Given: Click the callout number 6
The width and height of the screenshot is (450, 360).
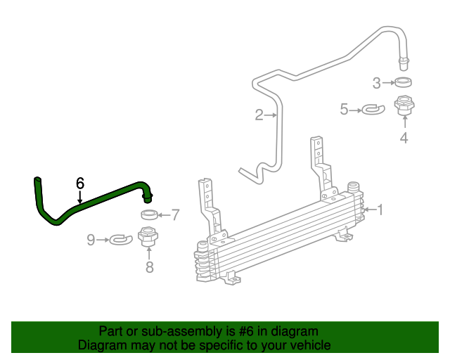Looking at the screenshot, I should pyautogui.click(x=80, y=183).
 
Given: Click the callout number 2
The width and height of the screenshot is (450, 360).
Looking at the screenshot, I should pyautogui.click(x=259, y=115).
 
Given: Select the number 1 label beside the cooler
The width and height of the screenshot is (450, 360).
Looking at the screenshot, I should pyautogui.click(x=380, y=210).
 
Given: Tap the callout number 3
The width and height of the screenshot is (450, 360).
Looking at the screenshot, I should pyautogui.click(x=377, y=83).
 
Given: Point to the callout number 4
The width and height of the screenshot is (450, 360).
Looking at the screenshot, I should pyautogui.click(x=404, y=138).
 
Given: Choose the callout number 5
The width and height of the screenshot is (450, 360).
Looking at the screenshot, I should pyautogui.click(x=345, y=109).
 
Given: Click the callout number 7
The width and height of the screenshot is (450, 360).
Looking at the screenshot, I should pyautogui.click(x=176, y=215).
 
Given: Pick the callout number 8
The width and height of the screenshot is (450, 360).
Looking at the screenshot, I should pyautogui.click(x=149, y=266).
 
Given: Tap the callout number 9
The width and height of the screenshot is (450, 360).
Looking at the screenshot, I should pyautogui.click(x=91, y=240).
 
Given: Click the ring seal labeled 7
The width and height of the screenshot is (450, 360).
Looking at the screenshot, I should pyautogui.click(x=148, y=214).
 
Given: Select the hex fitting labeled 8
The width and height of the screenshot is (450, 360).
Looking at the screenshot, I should pyautogui.click(x=148, y=238).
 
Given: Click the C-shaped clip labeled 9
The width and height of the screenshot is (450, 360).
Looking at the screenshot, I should pyautogui.click(x=121, y=240).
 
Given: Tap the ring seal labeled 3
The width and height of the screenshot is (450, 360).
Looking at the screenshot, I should pyautogui.click(x=403, y=82).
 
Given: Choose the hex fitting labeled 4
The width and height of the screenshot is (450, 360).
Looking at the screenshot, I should pyautogui.click(x=404, y=105).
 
